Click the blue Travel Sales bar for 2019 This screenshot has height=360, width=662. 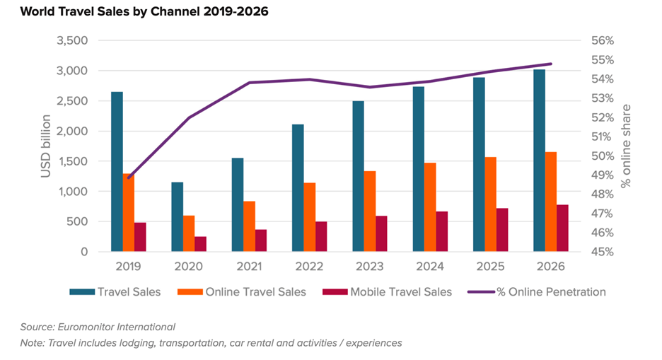[x=117, y=172]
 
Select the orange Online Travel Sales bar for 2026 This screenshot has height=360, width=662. [x=551, y=202]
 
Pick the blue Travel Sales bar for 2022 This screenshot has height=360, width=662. [x=298, y=187]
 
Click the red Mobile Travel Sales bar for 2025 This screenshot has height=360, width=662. [x=502, y=230]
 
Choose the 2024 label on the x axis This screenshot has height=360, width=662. [x=430, y=267]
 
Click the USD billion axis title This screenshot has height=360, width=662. [x=46, y=146]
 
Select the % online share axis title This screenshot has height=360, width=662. [x=625, y=146]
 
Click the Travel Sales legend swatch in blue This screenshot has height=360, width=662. [x=81, y=291]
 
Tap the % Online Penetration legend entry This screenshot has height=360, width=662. [x=551, y=291]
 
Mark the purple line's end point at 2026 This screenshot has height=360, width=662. [x=551, y=64]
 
